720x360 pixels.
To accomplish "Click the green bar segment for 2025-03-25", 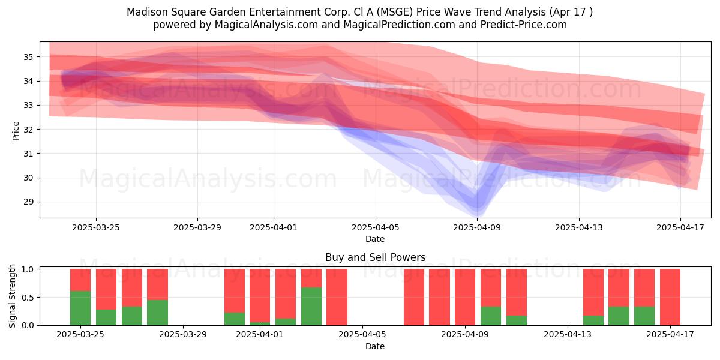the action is pyautogui.click(x=80, y=308).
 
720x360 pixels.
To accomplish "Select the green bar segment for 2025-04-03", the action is pyautogui.click(x=311, y=306).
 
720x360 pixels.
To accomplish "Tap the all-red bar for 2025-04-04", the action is pyautogui.click(x=337, y=297).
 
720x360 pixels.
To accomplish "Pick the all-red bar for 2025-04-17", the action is pyautogui.click(x=670, y=297).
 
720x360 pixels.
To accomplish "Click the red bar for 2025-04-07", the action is pyautogui.click(x=414, y=297).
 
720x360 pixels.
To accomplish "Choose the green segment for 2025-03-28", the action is pyautogui.click(x=157, y=313).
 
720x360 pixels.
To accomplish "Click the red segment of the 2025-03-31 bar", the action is pyautogui.click(x=235, y=290).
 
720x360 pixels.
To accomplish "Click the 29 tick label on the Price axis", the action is pyautogui.click(x=28, y=202).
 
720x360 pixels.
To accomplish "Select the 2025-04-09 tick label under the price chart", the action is pyautogui.click(x=477, y=227).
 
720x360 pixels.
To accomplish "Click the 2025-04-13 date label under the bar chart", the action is pyautogui.click(x=568, y=335).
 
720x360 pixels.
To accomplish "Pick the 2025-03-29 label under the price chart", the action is pyautogui.click(x=197, y=227).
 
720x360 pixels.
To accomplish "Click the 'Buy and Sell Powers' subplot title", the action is pyautogui.click(x=375, y=257).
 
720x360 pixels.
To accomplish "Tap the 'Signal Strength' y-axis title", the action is pyautogui.click(x=12, y=296).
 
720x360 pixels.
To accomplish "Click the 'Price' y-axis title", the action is pyautogui.click(x=16, y=131).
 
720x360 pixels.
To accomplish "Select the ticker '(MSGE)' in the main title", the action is pyautogui.click(x=395, y=12).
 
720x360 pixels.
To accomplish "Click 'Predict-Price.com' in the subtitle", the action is pyautogui.click(x=524, y=25).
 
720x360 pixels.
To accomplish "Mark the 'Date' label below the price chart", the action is pyautogui.click(x=375, y=239).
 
